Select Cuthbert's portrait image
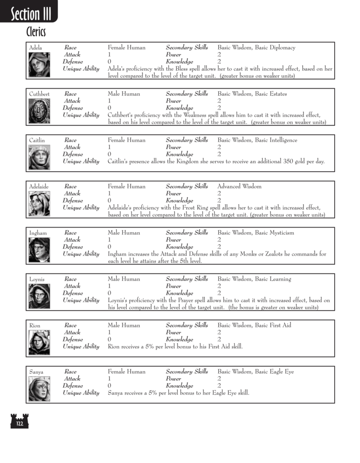tap(39, 111)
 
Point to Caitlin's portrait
tap(39, 157)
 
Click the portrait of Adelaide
tap(39, 203)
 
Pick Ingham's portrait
tap(39, 250)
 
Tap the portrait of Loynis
tap(39, 296)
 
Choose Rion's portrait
tap(39, 342)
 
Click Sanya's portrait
tap(39, 388)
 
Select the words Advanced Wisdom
tap(239, 186)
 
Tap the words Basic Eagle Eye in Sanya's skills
tap(274, 372)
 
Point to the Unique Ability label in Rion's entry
tap(81, 347)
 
